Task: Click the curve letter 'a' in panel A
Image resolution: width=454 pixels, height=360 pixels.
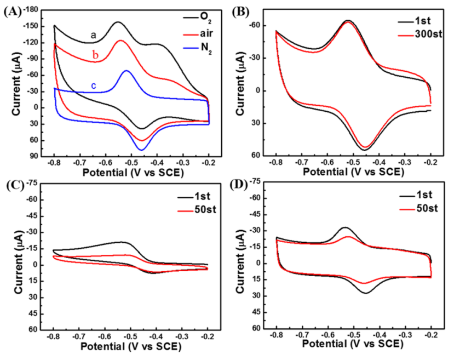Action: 94,35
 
